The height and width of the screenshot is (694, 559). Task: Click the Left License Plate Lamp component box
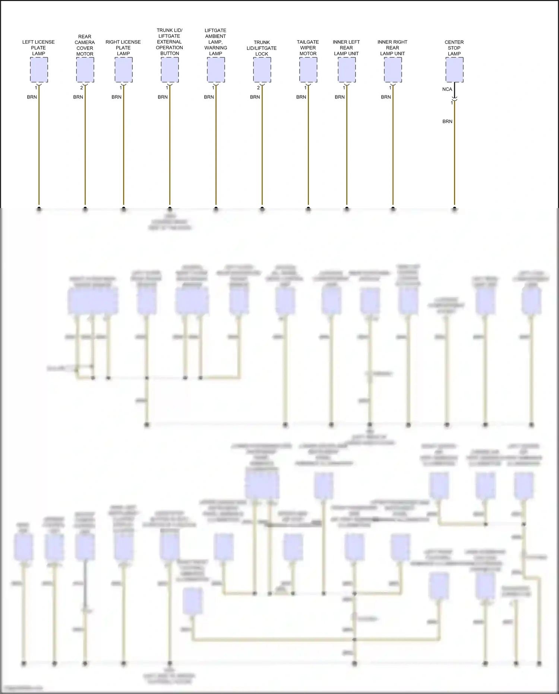pyautogui.click(x=39, y=70)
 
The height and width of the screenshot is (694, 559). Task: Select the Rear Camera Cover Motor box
pyautogui.click(x=85, y=70)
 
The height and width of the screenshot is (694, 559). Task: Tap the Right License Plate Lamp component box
pyautogui.click(x=123, y=70)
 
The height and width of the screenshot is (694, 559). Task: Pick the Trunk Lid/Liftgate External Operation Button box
pyautogui.click(x=170, y=70)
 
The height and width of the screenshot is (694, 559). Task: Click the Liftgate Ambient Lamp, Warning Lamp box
pyautogui.click(x=216, y=70)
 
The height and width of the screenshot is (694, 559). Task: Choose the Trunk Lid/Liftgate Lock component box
pyautogui.click(x=262, y=70)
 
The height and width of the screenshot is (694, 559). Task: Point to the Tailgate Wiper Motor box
pyautogui.click(x=308, y=70)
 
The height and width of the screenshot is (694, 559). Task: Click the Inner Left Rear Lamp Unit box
pyautogui.click(x=347, y=70)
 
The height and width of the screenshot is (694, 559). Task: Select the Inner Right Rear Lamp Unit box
pyautogui.click(x=393, y=70)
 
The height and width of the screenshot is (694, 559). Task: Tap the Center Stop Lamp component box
pyautogui.click(x=454, y=70)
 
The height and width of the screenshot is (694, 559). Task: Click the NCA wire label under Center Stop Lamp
pyautogui.click(x=447, y=90)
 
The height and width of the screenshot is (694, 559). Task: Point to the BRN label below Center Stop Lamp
pyautogui.click(x=447, y=122)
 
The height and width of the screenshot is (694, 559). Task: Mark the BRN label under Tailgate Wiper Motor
pyautogui.click(x=301, y=97)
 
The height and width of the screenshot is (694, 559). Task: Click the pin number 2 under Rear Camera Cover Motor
pyautogui.click(x=82, y=88)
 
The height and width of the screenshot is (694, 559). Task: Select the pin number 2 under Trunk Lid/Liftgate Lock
pyautogui.click(x=258, y=88)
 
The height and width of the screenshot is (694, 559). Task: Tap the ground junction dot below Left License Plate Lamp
pyautogui.click(x=39, y=209)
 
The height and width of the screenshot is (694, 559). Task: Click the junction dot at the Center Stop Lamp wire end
pyautogui.click(x=454, y=209)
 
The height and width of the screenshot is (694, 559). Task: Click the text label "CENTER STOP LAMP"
pyautogui.click(x=454, y=48)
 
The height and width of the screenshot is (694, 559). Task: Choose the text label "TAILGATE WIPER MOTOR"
pyautogui.click(x=308, y=48)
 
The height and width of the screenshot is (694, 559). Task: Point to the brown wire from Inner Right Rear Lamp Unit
pyautogui.click(x=393, y=149)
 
